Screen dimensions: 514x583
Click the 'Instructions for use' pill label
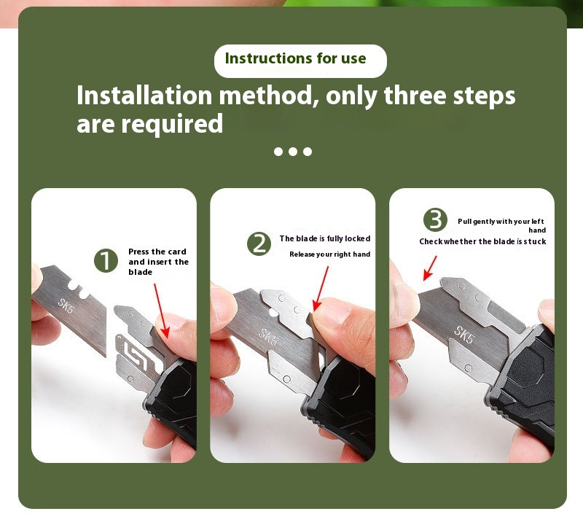pos(300,60)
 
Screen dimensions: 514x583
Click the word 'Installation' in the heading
pos(145,96)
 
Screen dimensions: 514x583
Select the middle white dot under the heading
pos(292,152)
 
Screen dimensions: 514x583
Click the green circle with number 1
pos(106,260)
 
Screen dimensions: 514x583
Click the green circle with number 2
pos(259,244)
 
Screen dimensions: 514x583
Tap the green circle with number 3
pos(436,220)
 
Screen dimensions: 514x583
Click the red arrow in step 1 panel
pos(160,311)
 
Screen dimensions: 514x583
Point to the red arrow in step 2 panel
pos(321,288)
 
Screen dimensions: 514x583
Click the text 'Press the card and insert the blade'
pos(158,262)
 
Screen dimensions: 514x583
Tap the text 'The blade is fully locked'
pos(325,238)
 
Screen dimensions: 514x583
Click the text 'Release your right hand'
pos(329,254)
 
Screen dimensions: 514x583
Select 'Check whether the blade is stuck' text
pos(482,242)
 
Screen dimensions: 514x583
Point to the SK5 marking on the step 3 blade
pos(464,332)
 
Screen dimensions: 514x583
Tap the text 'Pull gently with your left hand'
pos(501,225)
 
